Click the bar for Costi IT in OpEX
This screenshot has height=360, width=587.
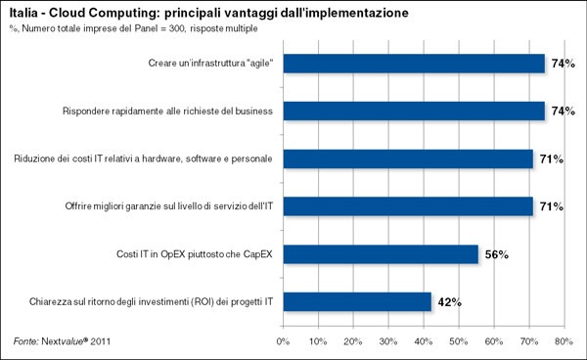(x=381, y=254)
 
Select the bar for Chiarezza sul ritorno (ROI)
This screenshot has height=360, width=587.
(x=357, y=301)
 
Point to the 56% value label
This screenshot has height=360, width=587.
(x=496, y=254)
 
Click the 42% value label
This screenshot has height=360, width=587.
(x=448, y=301)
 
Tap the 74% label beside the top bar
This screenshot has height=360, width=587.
(x=563, y=64)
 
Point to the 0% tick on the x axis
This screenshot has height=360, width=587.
(x=283, y=341)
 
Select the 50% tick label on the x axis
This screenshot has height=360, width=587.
(x=458, y=341)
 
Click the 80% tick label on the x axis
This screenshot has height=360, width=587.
(x=563, y=341)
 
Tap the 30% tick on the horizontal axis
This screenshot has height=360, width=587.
(x=387, y=341)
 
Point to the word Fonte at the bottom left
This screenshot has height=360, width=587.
(x=24, y=341)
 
